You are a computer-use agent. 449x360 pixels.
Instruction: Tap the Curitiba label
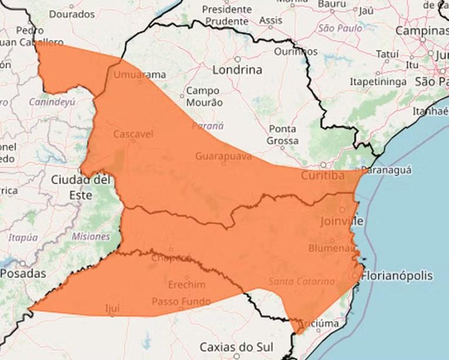(x=322, y=176)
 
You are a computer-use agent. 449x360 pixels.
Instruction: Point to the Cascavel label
(x=133, y=134)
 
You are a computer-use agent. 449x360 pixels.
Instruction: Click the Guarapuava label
(x=224, y=156)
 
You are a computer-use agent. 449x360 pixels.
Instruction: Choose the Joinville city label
(x=342, y=221)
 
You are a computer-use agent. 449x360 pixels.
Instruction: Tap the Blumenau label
(x=332, y=248)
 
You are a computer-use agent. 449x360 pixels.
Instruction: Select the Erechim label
(x=187, y=285)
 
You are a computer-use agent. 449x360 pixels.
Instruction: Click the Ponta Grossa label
(x=282, y=134)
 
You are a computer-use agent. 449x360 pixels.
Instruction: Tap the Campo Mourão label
(x=203, y=96)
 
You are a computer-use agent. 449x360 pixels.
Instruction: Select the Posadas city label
(x=23, y=274)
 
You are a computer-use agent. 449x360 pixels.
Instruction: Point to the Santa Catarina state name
(x=302, y=281)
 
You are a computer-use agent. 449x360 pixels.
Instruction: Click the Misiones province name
(x=91, y=237)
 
